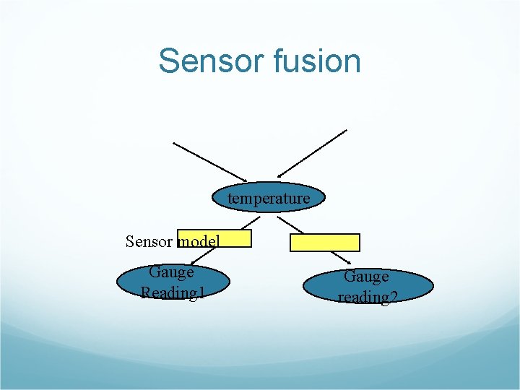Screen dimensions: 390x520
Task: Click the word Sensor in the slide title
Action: (x=211, y=61)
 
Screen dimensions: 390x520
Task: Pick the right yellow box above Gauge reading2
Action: (x=324, y=242)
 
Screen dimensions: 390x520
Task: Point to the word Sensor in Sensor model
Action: (x=149, y=241)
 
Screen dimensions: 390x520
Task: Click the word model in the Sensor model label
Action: (x=197, y=241)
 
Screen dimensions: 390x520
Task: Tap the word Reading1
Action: (x=173, y=292)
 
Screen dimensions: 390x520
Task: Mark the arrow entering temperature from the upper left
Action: (x=209, y=161)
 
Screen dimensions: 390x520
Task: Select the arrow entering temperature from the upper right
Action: (x=312, y=153)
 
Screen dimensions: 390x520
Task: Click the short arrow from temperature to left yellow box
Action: (x=249, y=222)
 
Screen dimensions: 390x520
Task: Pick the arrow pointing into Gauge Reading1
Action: (x=206, y=256)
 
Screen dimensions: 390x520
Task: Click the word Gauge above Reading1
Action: (x=171, y=272)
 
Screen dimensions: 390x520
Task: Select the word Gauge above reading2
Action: (x=366, y=277)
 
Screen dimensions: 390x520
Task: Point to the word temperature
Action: (x=269, y=198)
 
